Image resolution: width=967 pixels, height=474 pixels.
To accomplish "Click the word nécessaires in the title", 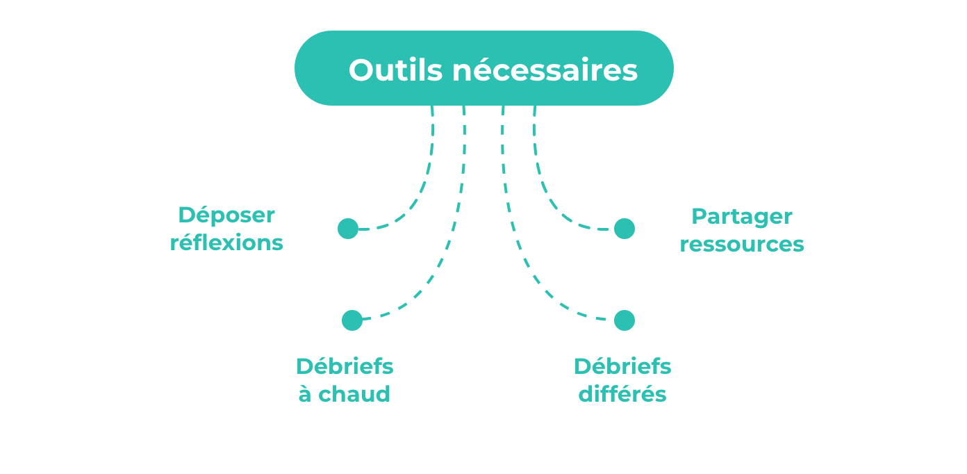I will tap(545, 70).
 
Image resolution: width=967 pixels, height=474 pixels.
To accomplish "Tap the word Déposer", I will tap(226, 215).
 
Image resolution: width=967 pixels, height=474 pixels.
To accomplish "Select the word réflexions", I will tap(226, 243).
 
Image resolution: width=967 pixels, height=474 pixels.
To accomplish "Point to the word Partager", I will tap(742, 216).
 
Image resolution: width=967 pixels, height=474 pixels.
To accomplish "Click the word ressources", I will tap(742, 245).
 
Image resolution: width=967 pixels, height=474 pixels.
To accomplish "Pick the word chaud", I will tap(354, 394).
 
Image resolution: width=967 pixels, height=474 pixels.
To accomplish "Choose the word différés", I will tap(622, 394).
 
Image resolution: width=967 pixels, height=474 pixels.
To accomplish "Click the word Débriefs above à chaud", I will tap(345, 366).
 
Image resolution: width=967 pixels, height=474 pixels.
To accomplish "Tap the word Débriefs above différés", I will tap(622, 366).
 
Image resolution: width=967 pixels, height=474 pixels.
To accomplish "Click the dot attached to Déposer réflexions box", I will tap(348, 229).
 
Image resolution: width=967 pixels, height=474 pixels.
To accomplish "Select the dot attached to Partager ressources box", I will tap(625, 229).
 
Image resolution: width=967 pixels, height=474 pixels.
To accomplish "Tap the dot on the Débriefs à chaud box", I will tap(352, 320).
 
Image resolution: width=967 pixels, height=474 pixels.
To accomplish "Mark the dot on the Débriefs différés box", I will tap(625, 320).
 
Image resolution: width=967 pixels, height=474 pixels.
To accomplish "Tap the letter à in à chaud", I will tap(304, 394).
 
